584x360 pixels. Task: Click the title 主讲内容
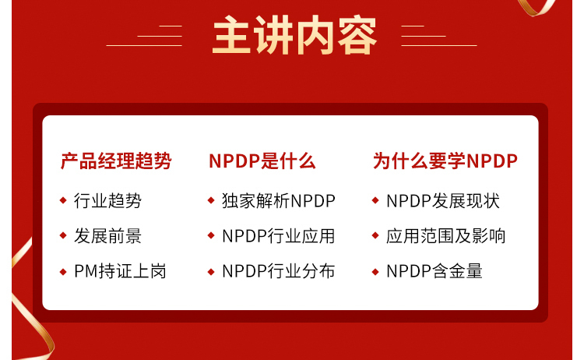point(294,35)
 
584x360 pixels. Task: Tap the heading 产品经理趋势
point(116,161)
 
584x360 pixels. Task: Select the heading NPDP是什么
point(262,161)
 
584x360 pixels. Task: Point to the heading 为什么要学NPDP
point(445,161)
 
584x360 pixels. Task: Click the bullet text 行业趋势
point(107,201)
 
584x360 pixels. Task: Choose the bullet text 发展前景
point(107,236)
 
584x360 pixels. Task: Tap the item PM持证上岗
point(120,271)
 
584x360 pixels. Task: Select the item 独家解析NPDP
point(279,201)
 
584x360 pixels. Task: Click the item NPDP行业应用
point(279,236)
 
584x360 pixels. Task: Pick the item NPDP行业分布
point(279,271)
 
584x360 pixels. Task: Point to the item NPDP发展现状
point(443,201)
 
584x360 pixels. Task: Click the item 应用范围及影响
point(446,236)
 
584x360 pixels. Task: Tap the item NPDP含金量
point(434,271)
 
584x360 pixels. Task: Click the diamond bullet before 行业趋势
point(63,200)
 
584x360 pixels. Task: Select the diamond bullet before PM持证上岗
point(63,272)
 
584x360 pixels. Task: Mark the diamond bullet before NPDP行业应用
point(211,235)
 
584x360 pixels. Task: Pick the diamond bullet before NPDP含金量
point(375,272)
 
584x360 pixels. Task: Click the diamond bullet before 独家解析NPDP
point(211,200)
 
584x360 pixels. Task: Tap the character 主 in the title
point(231,35)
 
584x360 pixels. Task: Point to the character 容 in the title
point(358,35)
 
